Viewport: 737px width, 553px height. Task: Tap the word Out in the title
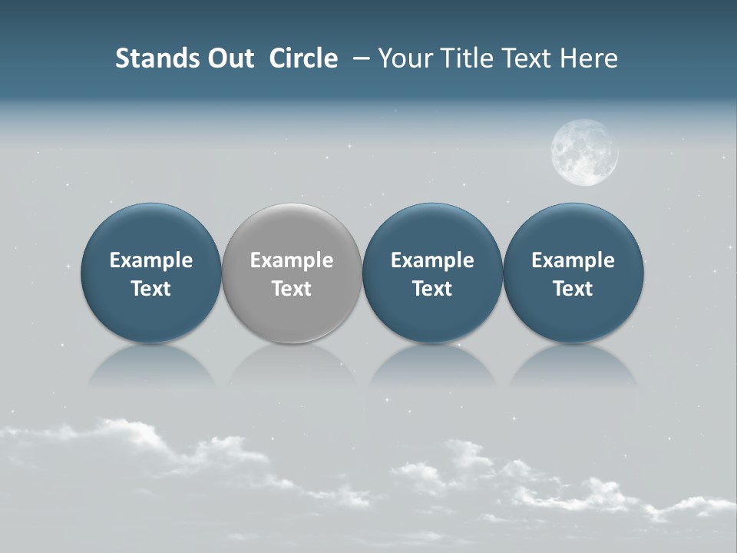229,58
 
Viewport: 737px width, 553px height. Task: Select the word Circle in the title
303,58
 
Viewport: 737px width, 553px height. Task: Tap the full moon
585,152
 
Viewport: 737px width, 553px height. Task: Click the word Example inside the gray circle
292,260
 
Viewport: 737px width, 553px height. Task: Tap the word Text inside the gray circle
292,289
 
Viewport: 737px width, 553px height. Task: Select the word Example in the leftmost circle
150,260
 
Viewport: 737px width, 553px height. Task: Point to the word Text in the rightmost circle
573,289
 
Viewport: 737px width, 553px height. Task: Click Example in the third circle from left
432,260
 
